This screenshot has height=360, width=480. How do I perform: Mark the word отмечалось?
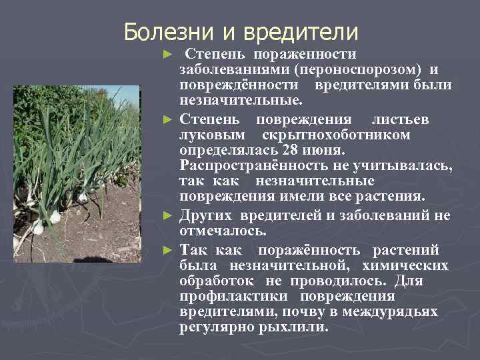point(223,231)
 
